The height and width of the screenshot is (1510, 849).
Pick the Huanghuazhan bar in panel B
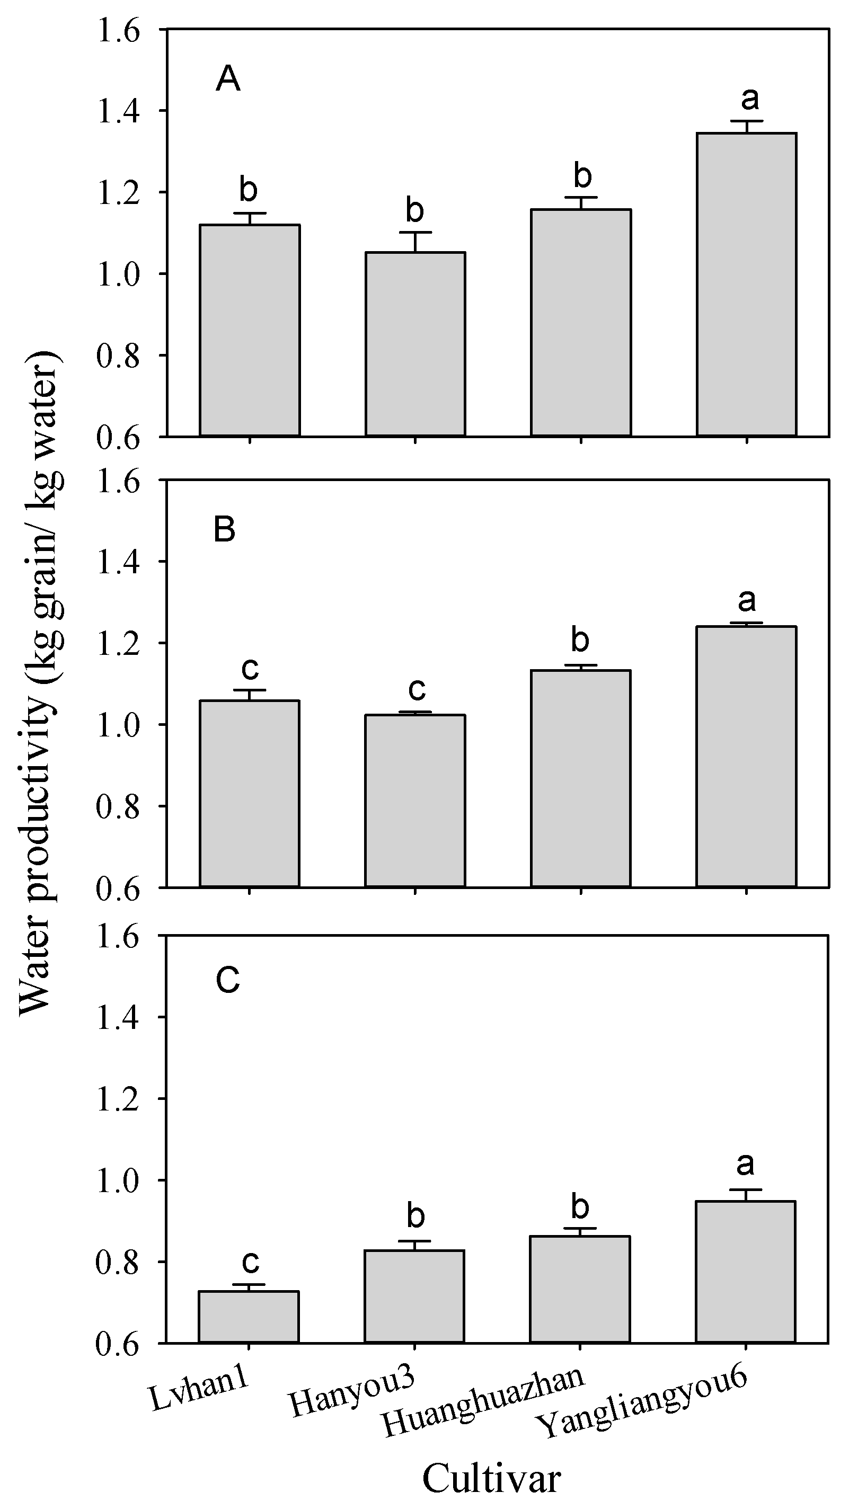[580, 778]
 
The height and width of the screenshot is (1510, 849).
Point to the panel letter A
[227, 79]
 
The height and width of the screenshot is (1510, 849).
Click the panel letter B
[225, 529]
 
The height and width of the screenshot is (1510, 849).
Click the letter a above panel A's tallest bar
[750, 99]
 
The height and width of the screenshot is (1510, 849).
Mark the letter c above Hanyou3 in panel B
[417, 690]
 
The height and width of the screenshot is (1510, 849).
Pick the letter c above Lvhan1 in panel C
[250, 1262]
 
